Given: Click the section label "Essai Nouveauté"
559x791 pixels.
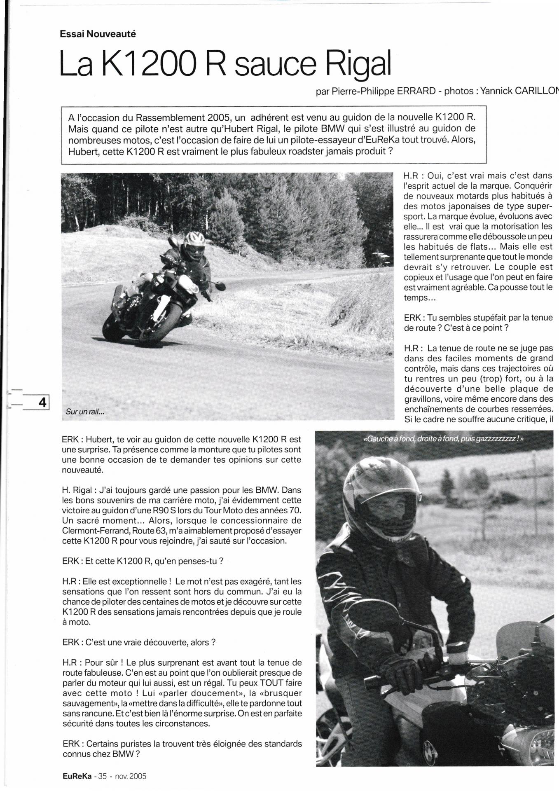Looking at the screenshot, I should (98, 34).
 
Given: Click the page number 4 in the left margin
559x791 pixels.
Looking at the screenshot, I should (42, 402).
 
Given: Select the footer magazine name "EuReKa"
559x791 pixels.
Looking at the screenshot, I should (77, 776).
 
